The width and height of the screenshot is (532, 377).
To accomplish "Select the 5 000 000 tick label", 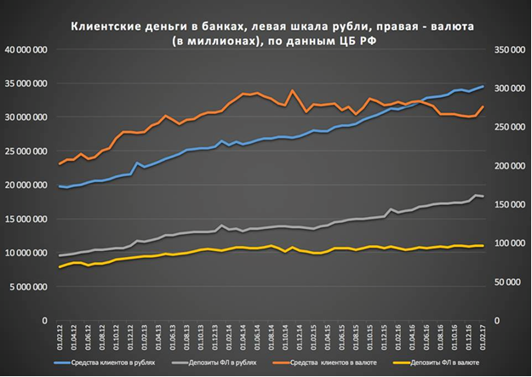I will tap(27, 287).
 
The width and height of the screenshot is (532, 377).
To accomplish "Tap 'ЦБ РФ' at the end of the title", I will tap(356, 42).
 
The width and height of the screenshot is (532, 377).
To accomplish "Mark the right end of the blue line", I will tap(484, 86).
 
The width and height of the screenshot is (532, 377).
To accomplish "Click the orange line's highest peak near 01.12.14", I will tap(293, 90).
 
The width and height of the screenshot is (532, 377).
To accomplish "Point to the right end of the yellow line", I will tap(484, 246).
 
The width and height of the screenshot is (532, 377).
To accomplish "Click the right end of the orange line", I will tap(484, 106).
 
